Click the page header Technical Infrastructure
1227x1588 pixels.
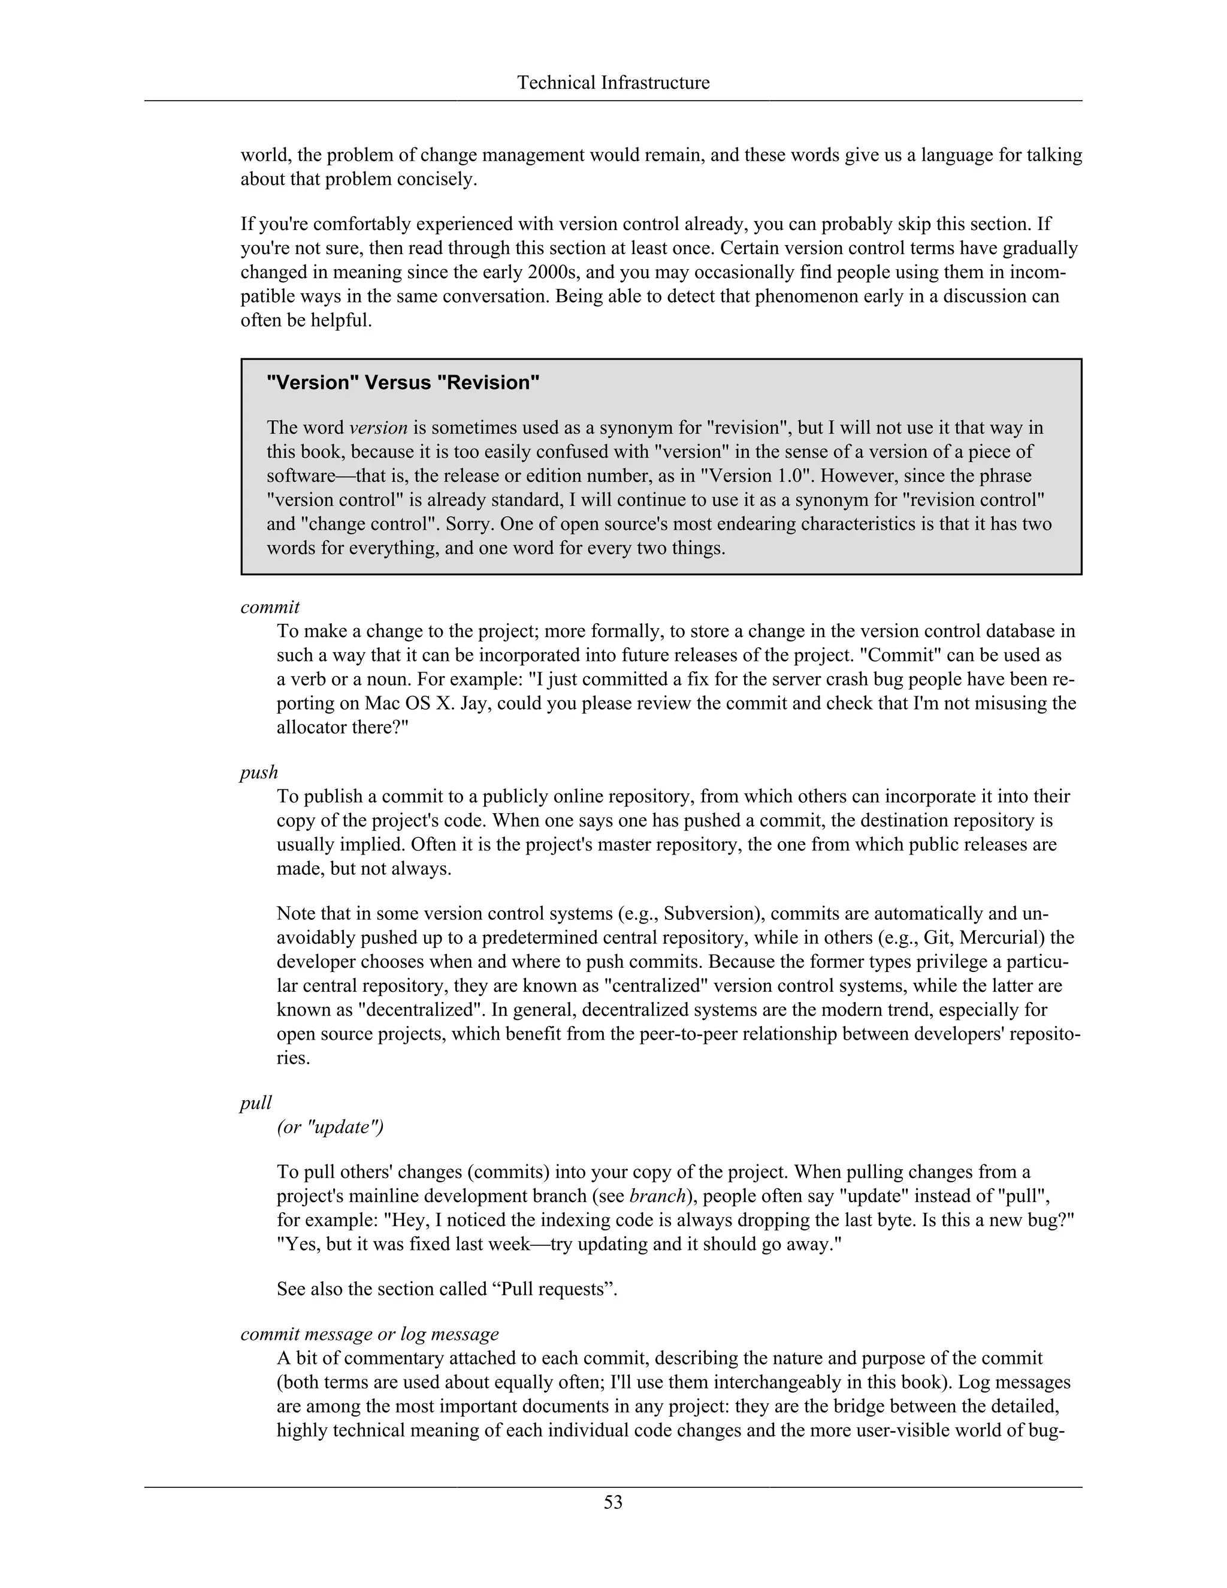point(613,83)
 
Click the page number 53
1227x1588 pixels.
point(613,1502)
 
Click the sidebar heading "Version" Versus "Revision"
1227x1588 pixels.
point(403,383)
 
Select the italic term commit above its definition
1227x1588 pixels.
point(270,607)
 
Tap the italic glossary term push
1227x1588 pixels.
point(259,772)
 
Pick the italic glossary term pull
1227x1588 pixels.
point(256,1103)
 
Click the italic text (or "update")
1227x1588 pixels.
point(330,1127)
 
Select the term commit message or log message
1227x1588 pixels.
point(369,1335)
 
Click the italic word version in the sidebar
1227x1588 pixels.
point(378,427)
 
